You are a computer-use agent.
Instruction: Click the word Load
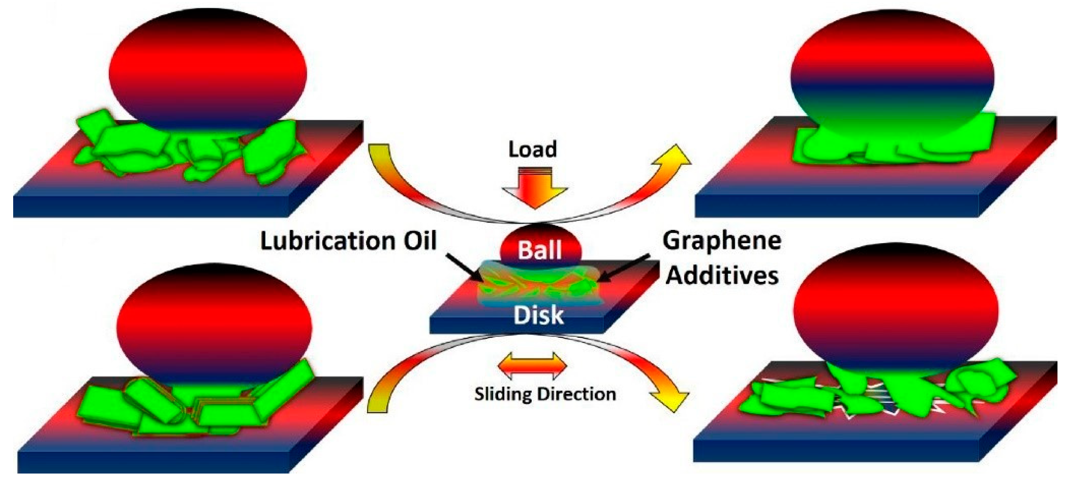click(x=532, y=149)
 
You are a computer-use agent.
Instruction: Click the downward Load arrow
click(x=535, y=188)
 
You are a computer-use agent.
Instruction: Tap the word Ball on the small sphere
click(x=540, y=250)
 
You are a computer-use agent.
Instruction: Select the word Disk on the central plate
click(x=538, y=315)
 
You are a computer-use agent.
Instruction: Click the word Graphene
click(x=722, y=241)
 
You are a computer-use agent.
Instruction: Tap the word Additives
click(x=722, y=275)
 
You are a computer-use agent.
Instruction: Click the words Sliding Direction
click(x=545, y=394)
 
